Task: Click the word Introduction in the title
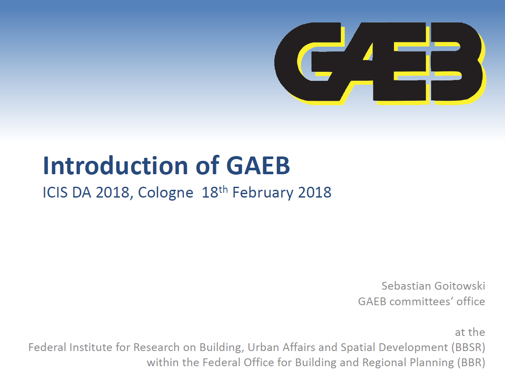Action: coord(115,166)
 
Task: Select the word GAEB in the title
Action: coord(258,166)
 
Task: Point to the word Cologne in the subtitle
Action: coord(165,193)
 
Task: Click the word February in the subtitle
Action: coord(263,193)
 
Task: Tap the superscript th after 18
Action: coord(223,189)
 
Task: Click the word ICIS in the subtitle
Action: coord(55,193)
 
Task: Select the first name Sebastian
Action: coord(406,286)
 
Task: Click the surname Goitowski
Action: coord(460,286)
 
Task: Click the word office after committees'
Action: coord(471,301)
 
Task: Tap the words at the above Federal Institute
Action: coord(470,332)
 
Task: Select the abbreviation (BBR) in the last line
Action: coord(471,363)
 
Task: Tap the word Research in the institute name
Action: coord(156,347)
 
